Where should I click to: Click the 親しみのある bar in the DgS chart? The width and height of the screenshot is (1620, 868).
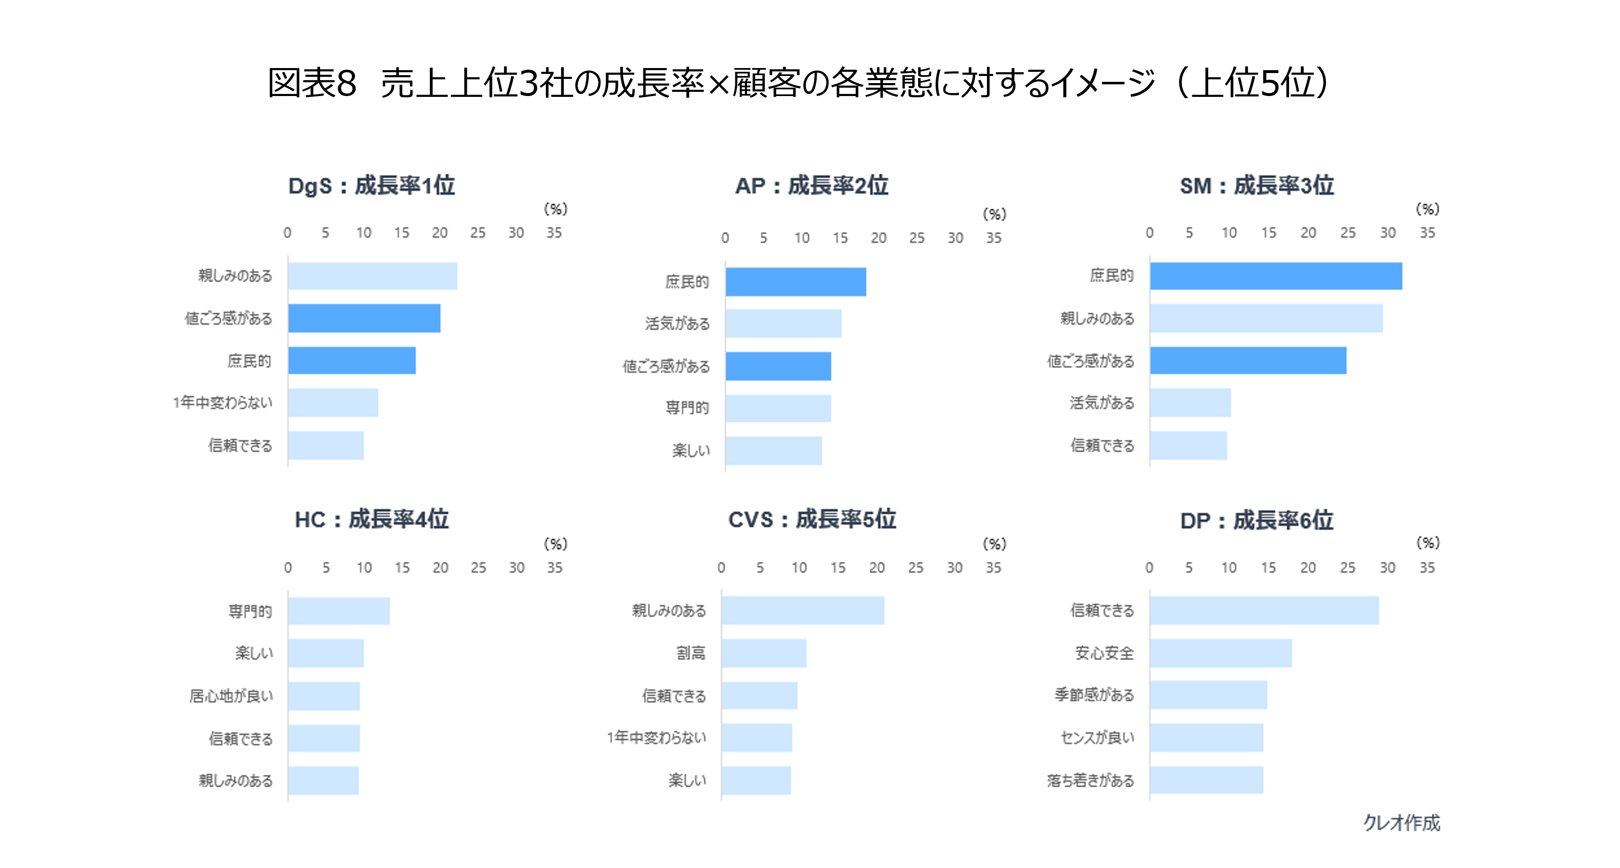[372, 276]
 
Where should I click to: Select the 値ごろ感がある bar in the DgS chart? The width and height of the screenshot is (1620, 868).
[364, 318]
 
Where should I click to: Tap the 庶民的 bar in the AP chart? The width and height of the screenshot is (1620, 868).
[795, 282]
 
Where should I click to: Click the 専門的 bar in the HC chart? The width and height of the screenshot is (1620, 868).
[339, 611]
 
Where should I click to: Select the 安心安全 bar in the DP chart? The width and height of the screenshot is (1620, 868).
[1221, 653]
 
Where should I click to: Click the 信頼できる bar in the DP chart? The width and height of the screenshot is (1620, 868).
[1264, 611]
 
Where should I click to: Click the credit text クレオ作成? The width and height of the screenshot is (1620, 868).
[1401, 823]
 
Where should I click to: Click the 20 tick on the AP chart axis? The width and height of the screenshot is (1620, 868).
[878, 238]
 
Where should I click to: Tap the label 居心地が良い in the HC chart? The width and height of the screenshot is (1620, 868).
[231, 696]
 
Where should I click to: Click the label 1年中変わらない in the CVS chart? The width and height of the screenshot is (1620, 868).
[656, 737]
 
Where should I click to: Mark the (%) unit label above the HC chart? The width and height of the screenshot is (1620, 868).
[555, 544]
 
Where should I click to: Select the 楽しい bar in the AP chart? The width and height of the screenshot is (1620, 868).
[774, 450]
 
